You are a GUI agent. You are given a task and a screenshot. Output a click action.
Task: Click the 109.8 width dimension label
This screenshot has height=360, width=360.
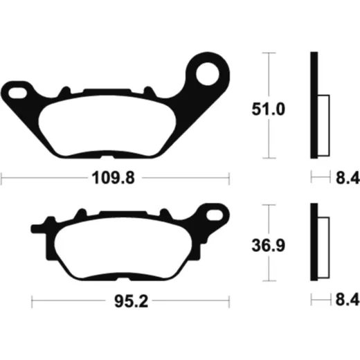(x=113, y=178)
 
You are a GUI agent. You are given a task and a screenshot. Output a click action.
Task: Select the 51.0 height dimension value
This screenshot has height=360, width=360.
(x=269, y=109)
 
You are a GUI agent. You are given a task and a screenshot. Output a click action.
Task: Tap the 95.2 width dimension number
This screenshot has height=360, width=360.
(x=131, y=301)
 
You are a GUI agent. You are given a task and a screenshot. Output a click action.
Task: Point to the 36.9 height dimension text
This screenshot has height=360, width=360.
(x=269, y=245)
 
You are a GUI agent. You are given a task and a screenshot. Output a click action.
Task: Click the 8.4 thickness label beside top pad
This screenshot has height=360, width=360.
(x=348, y=178)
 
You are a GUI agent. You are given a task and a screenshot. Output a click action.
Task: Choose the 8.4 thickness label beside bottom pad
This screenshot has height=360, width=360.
(x=348, y=300)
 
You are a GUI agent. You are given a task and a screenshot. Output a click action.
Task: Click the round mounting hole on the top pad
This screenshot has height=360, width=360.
(x=208, y=73)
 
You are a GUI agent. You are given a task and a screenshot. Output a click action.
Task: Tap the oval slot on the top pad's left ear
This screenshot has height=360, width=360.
(x=17, y=93)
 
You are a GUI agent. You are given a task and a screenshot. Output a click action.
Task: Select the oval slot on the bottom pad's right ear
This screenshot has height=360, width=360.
(x=215, y=215)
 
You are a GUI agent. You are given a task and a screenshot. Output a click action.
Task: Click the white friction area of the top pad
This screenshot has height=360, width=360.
(x=107, y=126)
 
